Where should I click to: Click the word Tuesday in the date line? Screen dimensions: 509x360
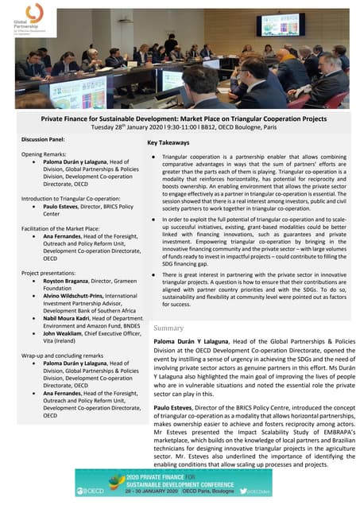click(106, 127)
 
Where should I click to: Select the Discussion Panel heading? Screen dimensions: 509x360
click(45, 140)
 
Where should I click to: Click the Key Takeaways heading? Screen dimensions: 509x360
click(168, 143)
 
